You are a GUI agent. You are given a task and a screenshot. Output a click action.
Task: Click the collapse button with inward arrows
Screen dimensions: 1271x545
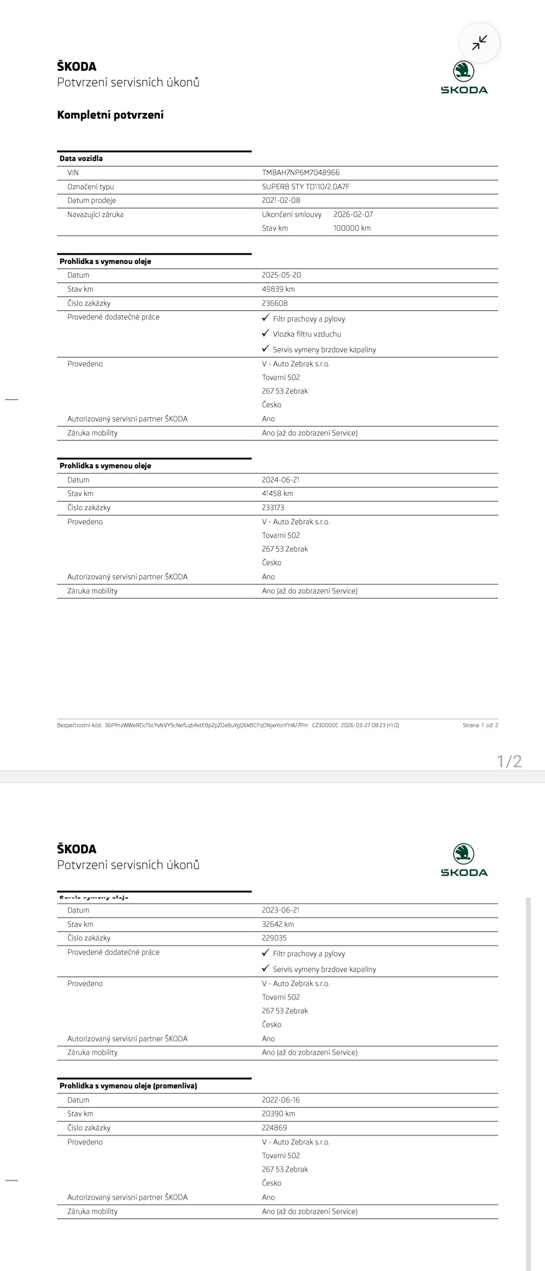[479, 43]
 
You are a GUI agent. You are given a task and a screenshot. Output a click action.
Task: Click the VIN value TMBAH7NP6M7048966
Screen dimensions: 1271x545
[301, 173]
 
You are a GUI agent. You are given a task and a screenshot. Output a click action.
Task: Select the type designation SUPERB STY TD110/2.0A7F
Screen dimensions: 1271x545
[306, 187]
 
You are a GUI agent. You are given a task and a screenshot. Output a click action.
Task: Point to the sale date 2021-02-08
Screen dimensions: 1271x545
[281, 200]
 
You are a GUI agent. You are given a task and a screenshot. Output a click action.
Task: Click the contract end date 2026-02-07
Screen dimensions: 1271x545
[353, 214]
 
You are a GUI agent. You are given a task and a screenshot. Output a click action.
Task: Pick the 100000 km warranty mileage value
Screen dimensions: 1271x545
[352, 228]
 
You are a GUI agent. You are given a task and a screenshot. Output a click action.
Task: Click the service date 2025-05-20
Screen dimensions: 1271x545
[282, 275]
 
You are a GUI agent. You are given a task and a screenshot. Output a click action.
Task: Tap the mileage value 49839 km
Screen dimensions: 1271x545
[279, 289]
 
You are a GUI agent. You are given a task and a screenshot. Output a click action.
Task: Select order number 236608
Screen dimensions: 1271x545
[275, 303]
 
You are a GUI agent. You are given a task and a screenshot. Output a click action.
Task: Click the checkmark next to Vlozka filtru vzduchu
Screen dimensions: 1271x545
[266, 334]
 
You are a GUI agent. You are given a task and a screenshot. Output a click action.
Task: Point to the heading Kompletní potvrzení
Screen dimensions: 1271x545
[111, 115]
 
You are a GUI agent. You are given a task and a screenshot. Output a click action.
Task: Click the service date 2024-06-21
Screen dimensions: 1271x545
[281, 480]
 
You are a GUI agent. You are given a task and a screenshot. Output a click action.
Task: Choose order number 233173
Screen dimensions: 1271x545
[273, 508]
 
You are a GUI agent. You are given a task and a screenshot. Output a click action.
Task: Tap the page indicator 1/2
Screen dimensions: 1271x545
[510, 761]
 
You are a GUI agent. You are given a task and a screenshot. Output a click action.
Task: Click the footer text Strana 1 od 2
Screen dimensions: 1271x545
[480, 726]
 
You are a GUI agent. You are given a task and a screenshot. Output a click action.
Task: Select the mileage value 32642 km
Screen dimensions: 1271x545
[278, 924]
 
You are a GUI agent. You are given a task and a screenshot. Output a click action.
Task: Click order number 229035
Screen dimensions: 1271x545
[274, 938]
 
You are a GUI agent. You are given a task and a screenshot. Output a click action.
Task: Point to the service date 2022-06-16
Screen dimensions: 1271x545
[281, 1100]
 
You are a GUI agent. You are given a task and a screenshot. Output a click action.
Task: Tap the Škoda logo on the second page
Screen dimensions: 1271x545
[464, 860]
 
